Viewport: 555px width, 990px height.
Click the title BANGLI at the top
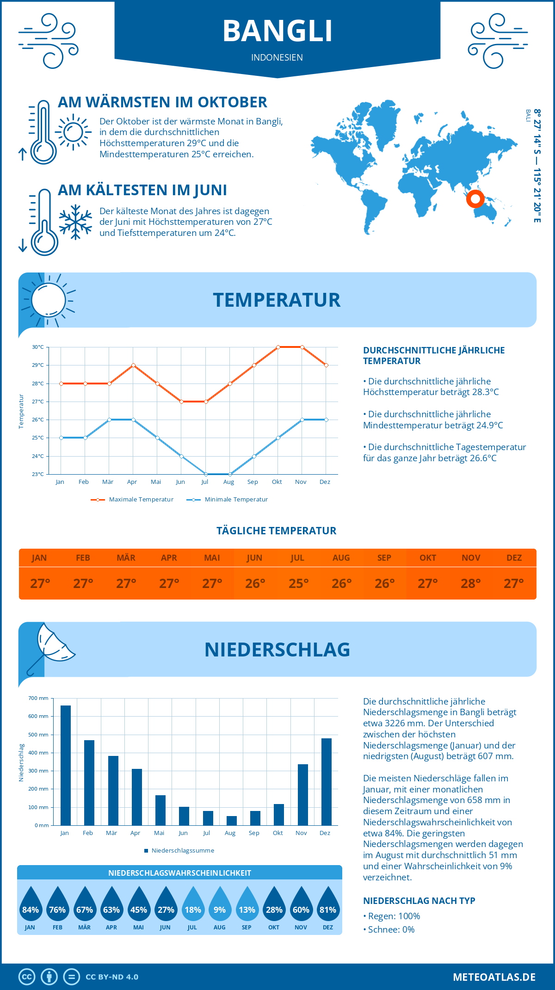[277, 31]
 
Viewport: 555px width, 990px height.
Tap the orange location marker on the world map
[475, 199]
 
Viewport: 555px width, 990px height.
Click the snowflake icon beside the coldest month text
[75, 222]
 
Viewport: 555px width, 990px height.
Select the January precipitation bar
[66, 765]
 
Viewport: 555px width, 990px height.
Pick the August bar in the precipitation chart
[232, 821]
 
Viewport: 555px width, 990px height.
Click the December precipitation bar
[327, 782]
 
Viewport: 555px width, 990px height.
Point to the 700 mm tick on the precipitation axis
[38, 698]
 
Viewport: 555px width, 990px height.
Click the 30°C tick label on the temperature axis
[38, 347]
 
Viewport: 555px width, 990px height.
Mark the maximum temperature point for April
[134, 365]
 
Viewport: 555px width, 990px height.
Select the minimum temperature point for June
[182, 456]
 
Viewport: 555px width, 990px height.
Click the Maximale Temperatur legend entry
[132, 500]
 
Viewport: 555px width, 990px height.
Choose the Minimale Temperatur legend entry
[228, 500]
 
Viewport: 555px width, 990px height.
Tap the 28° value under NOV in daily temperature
[471, 583]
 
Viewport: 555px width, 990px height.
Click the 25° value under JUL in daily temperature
[298, 583]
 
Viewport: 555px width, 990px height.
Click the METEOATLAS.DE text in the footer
[494, 977]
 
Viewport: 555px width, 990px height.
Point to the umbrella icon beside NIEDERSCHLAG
[51, 648]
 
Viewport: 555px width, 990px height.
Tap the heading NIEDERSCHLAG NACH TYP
[419, 901]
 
